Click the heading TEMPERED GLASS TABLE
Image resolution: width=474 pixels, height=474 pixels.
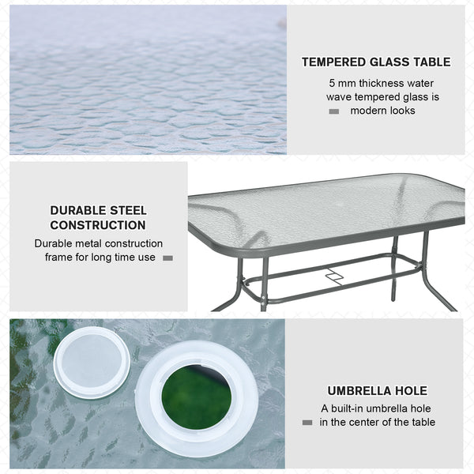376,62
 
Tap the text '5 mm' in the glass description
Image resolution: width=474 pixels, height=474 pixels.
343,83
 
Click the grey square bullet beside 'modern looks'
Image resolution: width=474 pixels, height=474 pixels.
334,111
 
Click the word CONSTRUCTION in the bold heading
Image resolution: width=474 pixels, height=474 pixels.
98,225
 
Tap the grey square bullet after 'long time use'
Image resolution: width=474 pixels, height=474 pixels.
167,258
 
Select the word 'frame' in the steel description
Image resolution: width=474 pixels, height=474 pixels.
51,258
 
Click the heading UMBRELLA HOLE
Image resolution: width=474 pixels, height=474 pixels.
377,390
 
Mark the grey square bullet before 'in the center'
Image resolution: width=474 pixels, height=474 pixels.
307,423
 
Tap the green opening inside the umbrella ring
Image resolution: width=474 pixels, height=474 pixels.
197,397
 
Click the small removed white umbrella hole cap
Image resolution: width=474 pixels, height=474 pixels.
92,362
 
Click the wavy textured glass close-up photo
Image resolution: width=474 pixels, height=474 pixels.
148,79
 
